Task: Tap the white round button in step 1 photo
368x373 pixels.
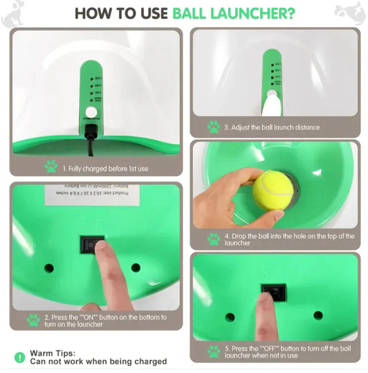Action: coord(91,113)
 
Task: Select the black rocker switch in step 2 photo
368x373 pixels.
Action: coord(92,244)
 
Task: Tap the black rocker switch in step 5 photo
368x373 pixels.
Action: coord(274,292)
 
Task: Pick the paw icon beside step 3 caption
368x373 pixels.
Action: coord(214,126)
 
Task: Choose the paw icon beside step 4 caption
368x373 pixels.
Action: coord(214,239)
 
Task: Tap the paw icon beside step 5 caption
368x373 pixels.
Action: coord(214,351)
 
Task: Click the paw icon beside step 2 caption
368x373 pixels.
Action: coord(33,320)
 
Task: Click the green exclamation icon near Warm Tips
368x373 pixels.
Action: coord(19,357)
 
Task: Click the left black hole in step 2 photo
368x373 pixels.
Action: coord(49,268)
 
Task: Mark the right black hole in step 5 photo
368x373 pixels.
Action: coord(318,315)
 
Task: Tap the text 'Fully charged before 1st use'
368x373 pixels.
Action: coord(105,169)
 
